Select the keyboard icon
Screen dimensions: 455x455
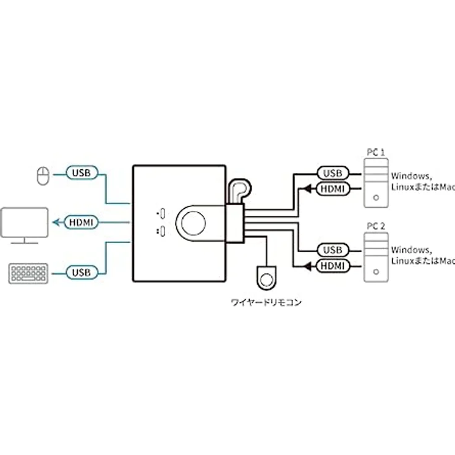pyautogui.click(x=28, y=273)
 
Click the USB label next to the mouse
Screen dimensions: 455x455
pyautogui.click(x=82, y=173)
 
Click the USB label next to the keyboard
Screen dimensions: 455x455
pyautogui.click(x=82, y=272)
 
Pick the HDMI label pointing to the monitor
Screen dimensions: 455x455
pyautogui.click(x=82, y=221)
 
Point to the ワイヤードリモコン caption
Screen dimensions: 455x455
pyautogui.click(x=266, y=304)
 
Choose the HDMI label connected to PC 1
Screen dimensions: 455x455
pyautogui.click(x=333, y=188)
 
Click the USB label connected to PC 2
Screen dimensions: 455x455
pyautogui.click(x=333, y=250)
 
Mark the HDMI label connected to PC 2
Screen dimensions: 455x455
pyautogui.click(x=333, y=266)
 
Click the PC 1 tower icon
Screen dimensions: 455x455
pyautogui.click(x=375, y=181)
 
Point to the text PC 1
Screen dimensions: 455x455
pyautogui.click(x=375, y=151)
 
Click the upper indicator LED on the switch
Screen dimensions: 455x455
pyautogui.click(x=161, y=215)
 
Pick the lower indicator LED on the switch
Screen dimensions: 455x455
pyautogui.click(x=161, y=232)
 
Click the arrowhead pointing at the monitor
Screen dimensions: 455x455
pyautogui.click(x=55, y=221)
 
